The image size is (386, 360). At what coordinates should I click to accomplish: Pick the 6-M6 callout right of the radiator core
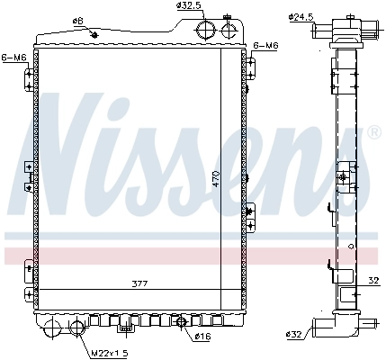pyautogui.click(x=267, y=44)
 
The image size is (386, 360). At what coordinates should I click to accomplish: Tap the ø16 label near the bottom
pyautogui.click(x=204, y=337)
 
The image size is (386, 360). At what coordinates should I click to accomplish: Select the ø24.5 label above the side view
pyautogui.click(x=301, y=15)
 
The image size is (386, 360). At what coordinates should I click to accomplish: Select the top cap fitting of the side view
pyautogui.click(x=345, y=31)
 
